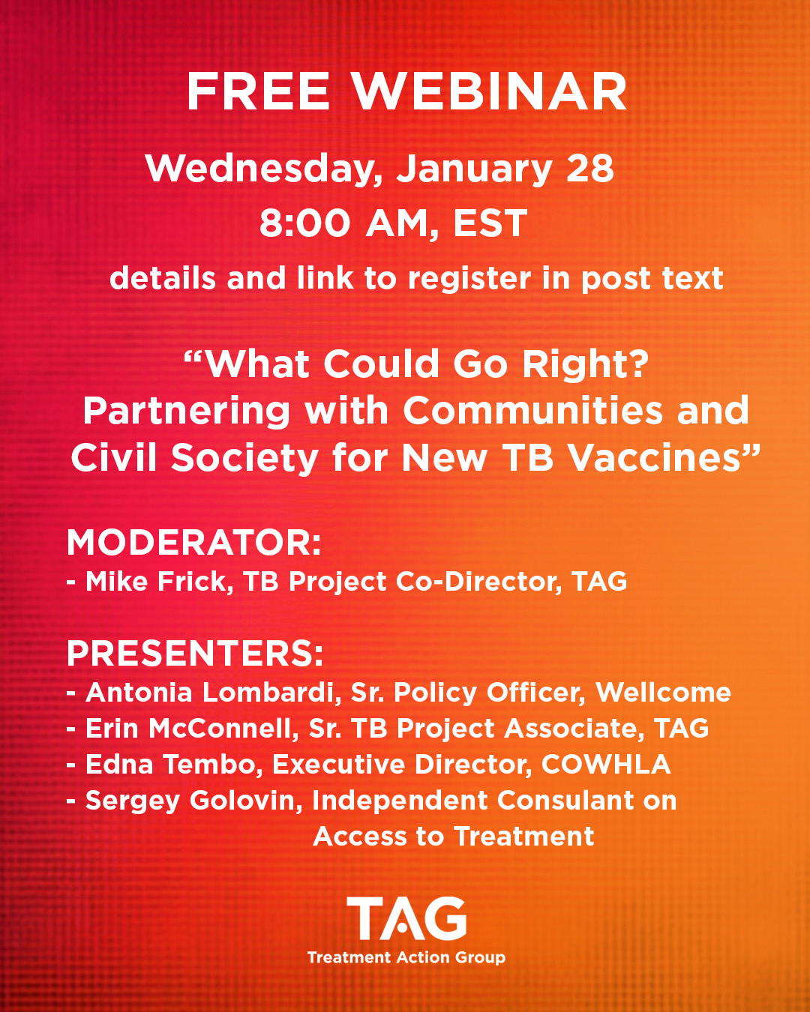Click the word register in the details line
[469, 278]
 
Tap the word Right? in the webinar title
[586, 364]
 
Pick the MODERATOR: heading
[194, 543]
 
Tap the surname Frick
[195, 582]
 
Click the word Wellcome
[663, 693]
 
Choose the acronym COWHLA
[606, 764]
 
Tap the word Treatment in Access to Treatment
[524, 837]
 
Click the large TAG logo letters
[406, 918]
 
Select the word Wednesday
[259, 169]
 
